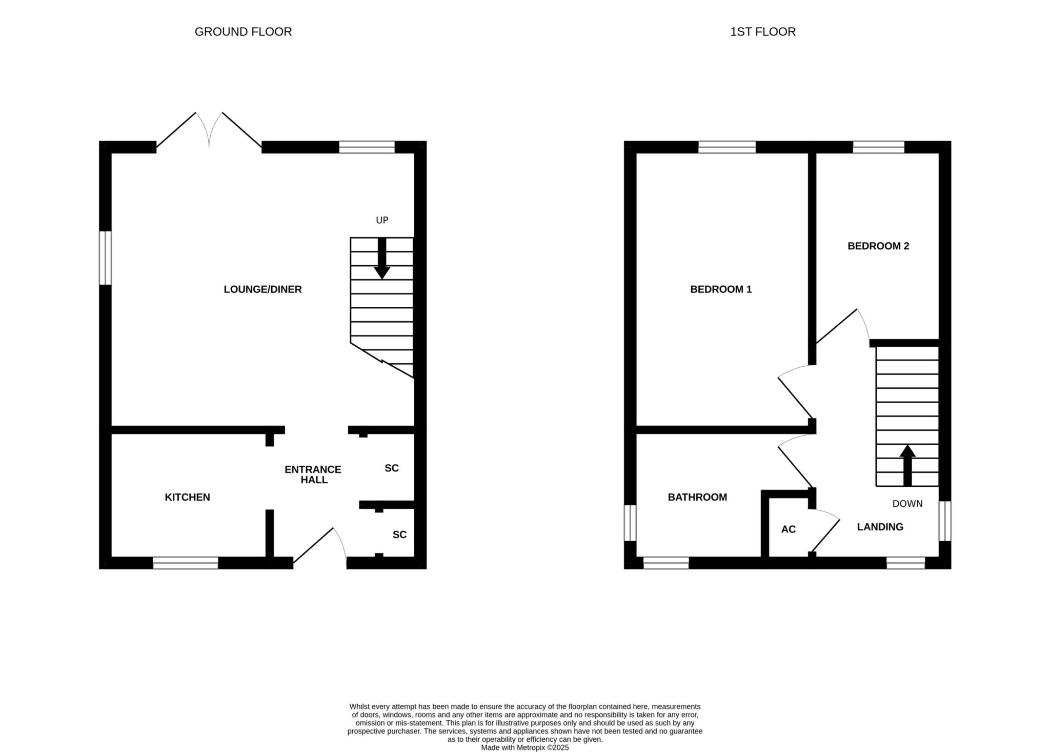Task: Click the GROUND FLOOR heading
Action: click(x=243, y=32)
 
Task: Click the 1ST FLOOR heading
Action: click(x=763, y=32)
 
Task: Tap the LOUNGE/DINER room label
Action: click(x=262, y=289)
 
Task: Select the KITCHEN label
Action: click(x=187, y=497)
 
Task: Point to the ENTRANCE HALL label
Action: click(x=313, y=474)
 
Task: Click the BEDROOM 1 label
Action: click(x=721, y=289)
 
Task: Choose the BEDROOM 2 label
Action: click(x=878, y=246)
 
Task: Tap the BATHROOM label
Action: click(x=697, y=497)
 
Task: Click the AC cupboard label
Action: click(x=789, y=529)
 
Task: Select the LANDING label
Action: click(x=880, y=527)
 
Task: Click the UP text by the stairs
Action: click(x=382, y=220)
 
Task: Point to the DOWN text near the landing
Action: click(x=907, y=504)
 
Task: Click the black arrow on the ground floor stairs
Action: click(x=382, y=259)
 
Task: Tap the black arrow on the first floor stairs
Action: click(x=907, y=465)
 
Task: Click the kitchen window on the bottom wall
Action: click(x=186, y=563)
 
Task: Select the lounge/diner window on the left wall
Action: click(x=105, y=258)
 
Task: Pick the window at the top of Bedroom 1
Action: click(x=727, y=147)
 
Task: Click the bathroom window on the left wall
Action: click(x=630, y=523)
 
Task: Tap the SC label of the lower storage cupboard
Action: click(x=399, y=535)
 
